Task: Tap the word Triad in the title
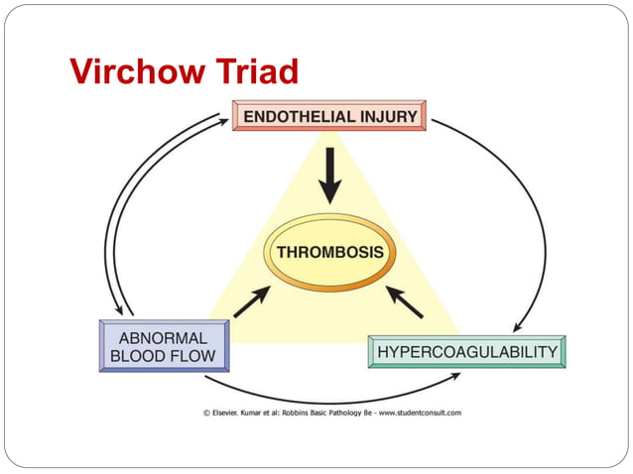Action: pyautogui.click(x=256, y=71)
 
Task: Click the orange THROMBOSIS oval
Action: pyautogui.click(x=329, y=252)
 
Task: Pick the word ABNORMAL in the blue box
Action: pyautogui.click(x=157, y=338)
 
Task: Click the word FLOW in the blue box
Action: pyautogui.click(x=189, y=356)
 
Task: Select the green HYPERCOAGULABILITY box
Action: pyautogui.click(x=466, y=352)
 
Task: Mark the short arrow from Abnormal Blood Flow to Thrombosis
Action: pyautogui.click(x=251, y=301)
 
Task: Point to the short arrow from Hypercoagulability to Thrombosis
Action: pyautogui.click(x=405, y=301)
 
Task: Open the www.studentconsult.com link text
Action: pyautogui.click(x=418, y=414)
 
